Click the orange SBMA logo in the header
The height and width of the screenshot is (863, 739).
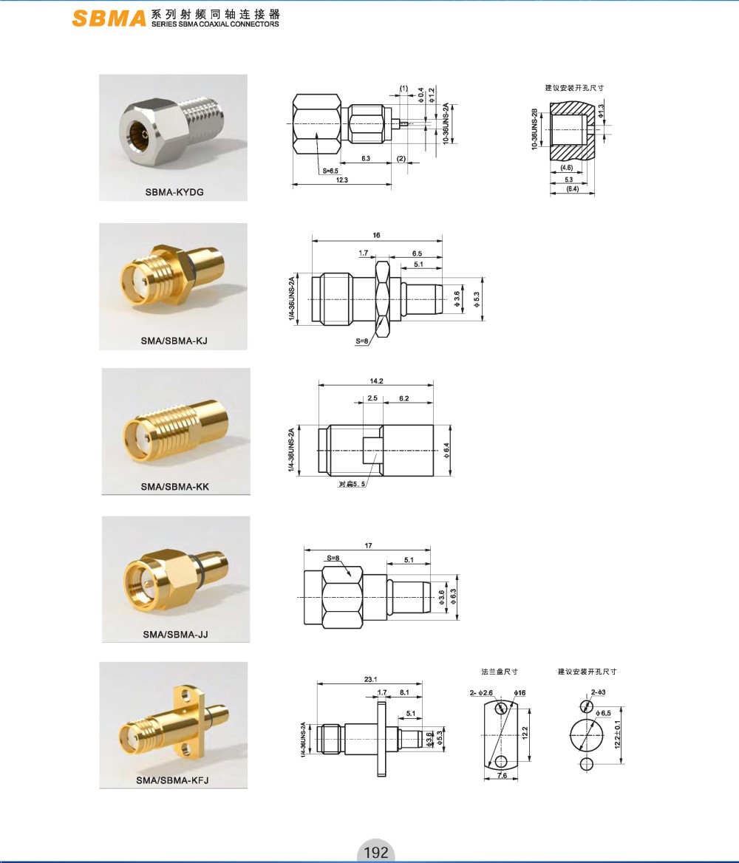click(x=109, y=18)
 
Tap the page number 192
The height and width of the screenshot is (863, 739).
click(x=376, y=852)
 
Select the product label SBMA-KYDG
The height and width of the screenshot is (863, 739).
click(x=174, y=192)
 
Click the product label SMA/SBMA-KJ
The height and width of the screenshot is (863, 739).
click(x=174, y=341)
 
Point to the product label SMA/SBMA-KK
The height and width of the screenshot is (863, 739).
click(x=175, y=486)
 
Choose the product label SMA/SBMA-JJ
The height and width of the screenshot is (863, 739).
click(x=176, y=635)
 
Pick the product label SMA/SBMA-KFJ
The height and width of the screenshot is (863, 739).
click(x=172, y=780)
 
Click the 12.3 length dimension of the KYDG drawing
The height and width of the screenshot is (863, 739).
click(x=342, y=180)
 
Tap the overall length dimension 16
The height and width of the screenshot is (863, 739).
click(x=376, y=235)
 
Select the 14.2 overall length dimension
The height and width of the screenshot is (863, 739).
click(x=377, y=381)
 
